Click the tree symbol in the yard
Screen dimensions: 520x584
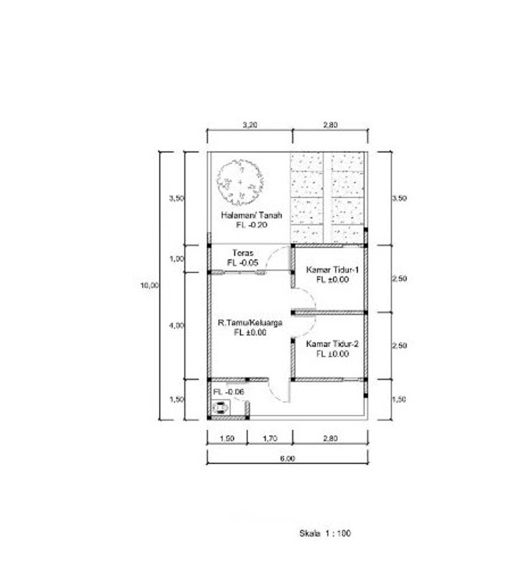click(x=240, y=182)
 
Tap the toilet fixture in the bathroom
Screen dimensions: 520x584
click(x=220, y=408)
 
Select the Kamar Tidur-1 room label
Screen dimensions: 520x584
click(x=333, y=269)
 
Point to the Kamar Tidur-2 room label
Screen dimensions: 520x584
click(x=333, y=344)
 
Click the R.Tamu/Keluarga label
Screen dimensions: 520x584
click(x=250, y=323)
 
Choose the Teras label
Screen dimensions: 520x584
click(x=243, y=253)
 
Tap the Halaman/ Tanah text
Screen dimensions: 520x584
click(x=251, y=215)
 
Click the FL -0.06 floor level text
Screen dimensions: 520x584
click(x=229, y=392)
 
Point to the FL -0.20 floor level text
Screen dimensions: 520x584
click(x=252, y=225)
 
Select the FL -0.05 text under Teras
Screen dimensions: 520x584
click(x=243, y=263)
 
